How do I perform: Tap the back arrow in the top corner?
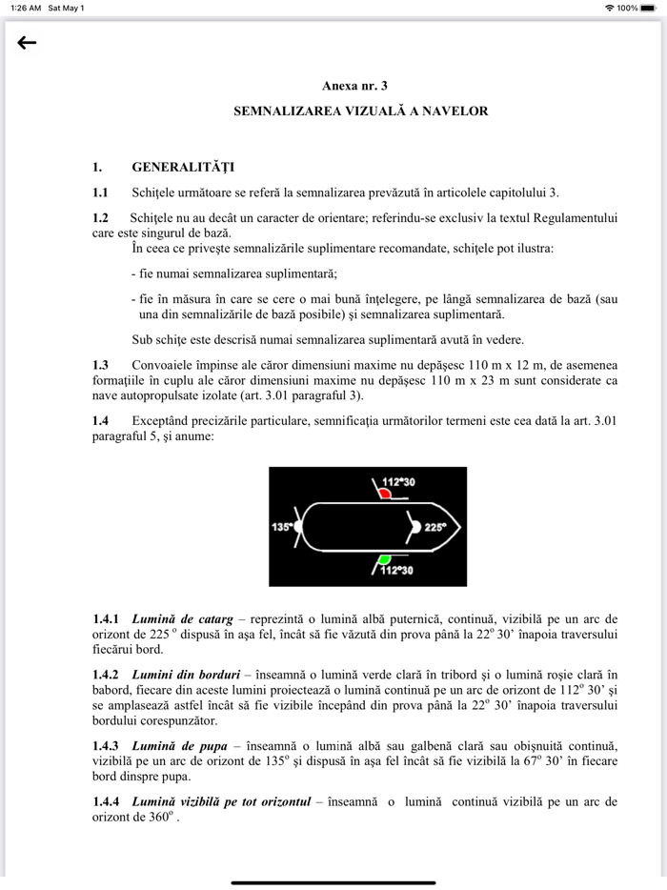pyautogui.click(x=27, y=43)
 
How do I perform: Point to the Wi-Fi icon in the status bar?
pyautogui.click(x=609, y=8)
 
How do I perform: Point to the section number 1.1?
pyautogui.click(x=100, y=192)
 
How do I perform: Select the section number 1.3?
pyautogui.click(x=100, y=365)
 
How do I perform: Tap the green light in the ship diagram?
pyautogui.click(x=383, y=557)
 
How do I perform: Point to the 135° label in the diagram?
pyautogui.click(x=281, y=526)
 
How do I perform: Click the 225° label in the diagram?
pyautogui.click(x=435, y=526)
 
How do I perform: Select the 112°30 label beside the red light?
pyautogui.click(x=398, y=482)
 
